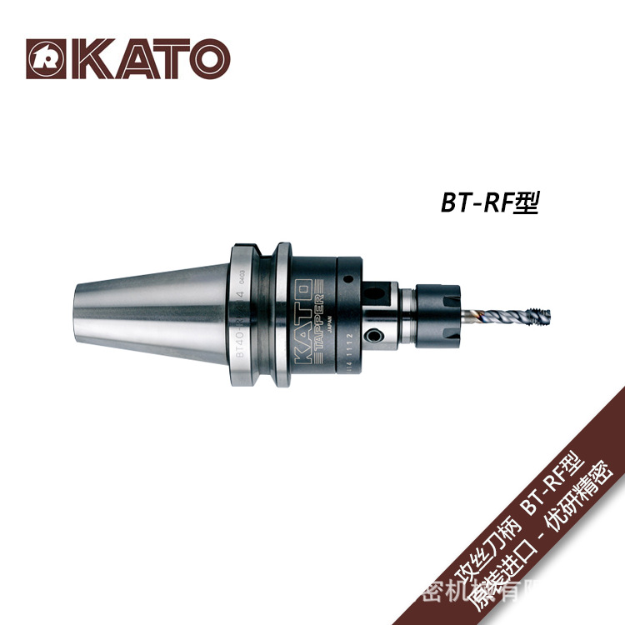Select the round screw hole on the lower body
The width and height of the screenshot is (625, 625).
[376, 335]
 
